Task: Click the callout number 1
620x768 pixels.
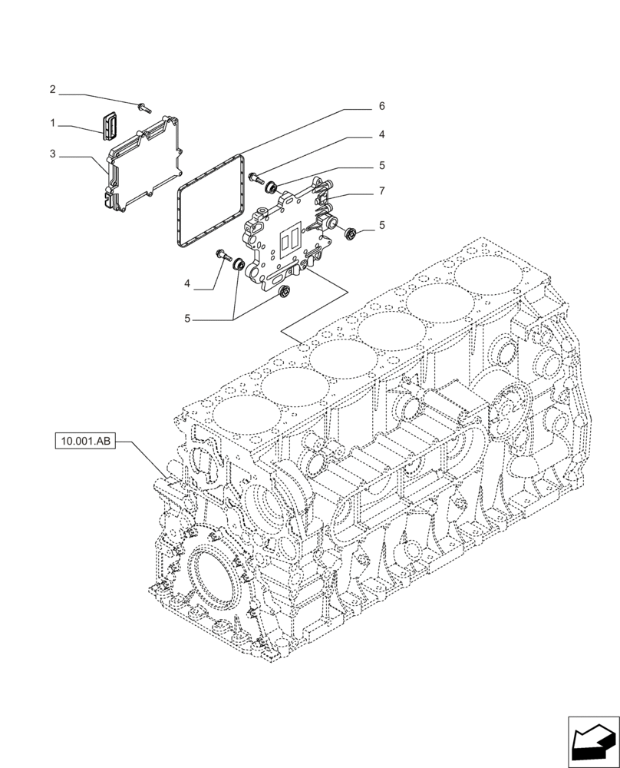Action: pos(52,123)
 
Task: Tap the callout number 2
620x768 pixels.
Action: pos(52,90)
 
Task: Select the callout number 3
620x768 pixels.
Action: pos(52,154)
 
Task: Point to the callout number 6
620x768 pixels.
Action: pos(381,105)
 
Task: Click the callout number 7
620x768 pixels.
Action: pos(381,190)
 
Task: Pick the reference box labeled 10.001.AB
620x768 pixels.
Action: pos(84,442)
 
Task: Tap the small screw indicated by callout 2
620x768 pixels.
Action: pos(143,107)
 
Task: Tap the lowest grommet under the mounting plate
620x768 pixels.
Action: pos(284,292)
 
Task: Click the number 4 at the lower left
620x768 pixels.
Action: pos(187,284)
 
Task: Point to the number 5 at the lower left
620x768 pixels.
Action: pos(187,317)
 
